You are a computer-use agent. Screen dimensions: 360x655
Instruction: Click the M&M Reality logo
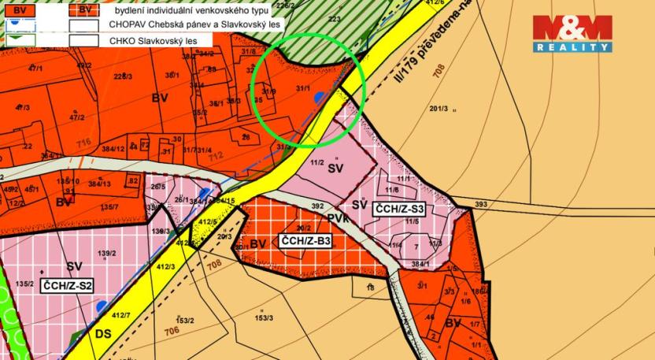(572, 32)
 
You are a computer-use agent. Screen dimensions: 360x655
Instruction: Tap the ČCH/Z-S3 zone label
(400, 209)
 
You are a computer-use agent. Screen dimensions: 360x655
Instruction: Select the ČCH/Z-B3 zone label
(305, 241)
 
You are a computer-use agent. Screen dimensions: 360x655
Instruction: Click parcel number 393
(481, 204)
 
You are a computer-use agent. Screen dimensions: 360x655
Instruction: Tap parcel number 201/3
(439, 108)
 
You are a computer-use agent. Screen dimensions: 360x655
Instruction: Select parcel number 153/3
(263, 317)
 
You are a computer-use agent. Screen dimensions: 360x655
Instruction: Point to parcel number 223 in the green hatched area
(334, 18)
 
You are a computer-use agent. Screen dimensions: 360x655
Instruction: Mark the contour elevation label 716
(84, 143)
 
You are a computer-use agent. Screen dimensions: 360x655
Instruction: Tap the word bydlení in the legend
(133, 10)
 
